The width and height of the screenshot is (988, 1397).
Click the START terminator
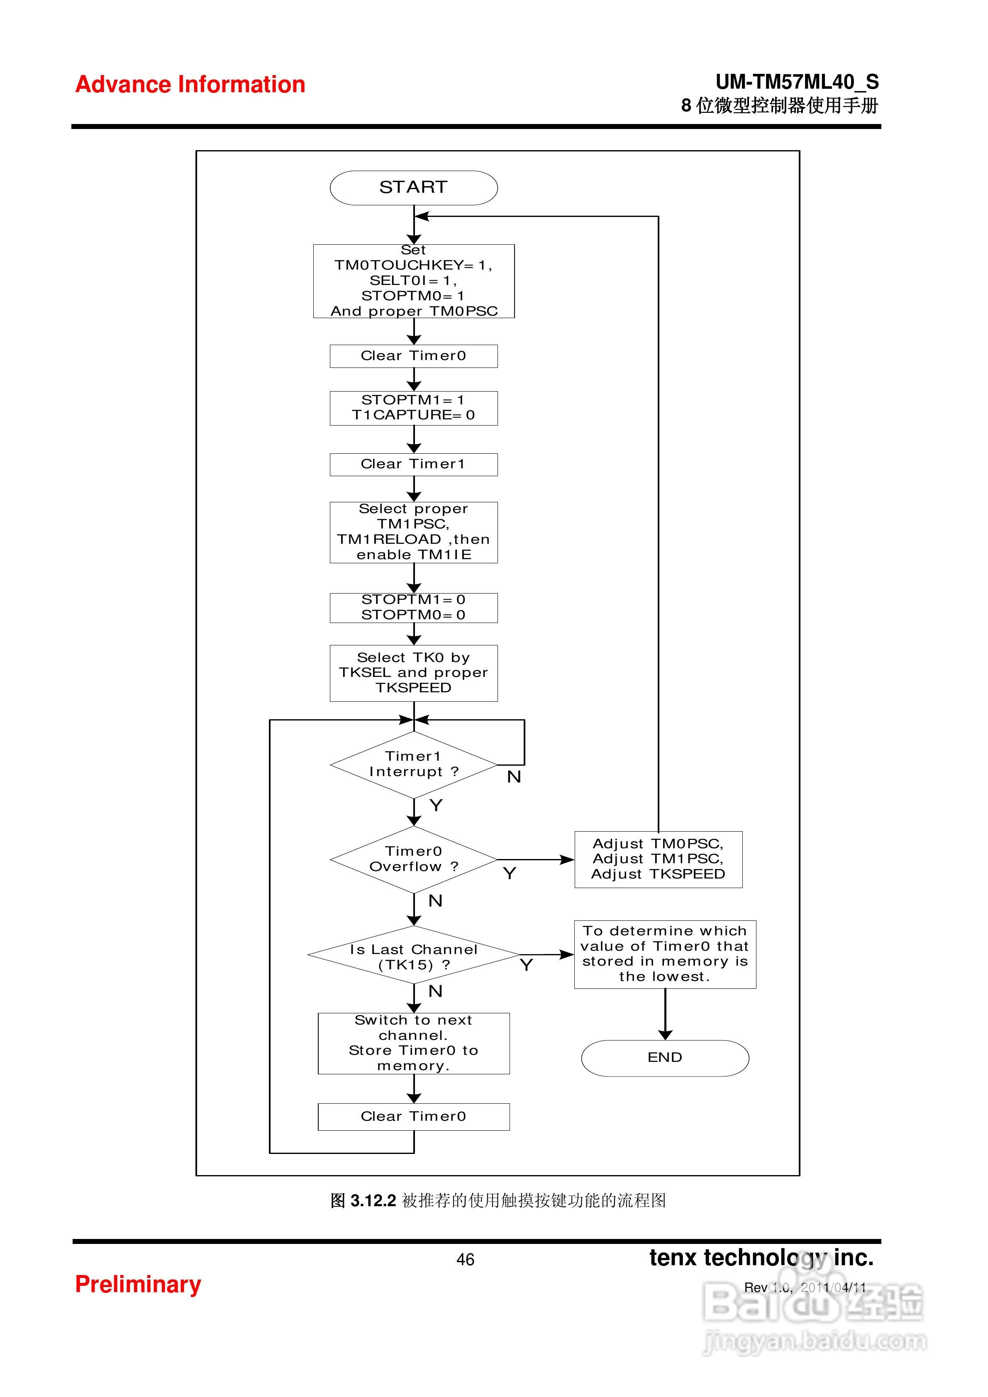pyautogui.click(x=413, y=187)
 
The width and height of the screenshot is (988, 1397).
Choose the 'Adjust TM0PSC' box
pyautogui.click(x=658, y=859)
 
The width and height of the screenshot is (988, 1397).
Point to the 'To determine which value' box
pyautogui.click(x=665, y=954)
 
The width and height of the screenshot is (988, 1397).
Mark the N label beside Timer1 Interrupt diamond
pyautogui.click(x=514, y=777)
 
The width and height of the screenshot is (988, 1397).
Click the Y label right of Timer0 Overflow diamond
pyautogui.click(x=510, y=874)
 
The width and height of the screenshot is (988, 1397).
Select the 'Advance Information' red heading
pyautogui.click(x=190, y=85)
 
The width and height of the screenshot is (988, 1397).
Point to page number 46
pyautogui.click(x=465, y=1259)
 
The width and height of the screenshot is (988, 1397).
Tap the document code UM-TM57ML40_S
pyautogui.click(x=797, y=82)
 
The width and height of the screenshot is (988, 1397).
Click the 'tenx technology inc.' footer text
pyautogui.click(x=761, y=1257)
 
